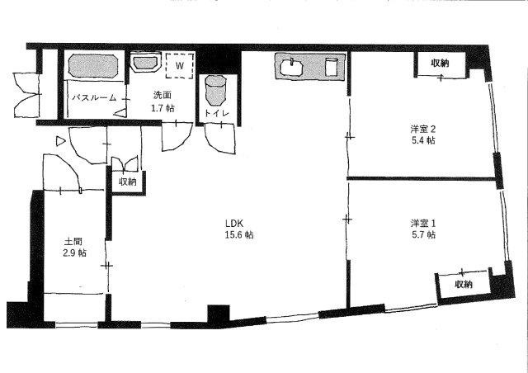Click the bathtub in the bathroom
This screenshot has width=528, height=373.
93,65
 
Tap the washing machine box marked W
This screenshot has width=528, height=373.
180,66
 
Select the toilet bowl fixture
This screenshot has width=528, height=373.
215,90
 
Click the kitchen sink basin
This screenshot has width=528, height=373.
291,68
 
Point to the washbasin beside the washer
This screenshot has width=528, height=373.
145,63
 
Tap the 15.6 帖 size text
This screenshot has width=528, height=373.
239,235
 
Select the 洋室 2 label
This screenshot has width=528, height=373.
423,129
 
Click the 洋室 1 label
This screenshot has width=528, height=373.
423,223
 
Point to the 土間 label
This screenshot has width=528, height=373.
73,241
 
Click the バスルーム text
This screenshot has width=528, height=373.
95,98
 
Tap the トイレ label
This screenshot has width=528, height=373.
216,113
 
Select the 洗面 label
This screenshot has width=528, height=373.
163,95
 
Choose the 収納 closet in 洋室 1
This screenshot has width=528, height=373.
464,285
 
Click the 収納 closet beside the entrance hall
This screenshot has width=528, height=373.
128,182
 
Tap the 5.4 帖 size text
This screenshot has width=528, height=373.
423,140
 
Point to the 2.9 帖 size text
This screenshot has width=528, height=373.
74,253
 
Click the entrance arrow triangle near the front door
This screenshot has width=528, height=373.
60,141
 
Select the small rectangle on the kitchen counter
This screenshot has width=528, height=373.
332,67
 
